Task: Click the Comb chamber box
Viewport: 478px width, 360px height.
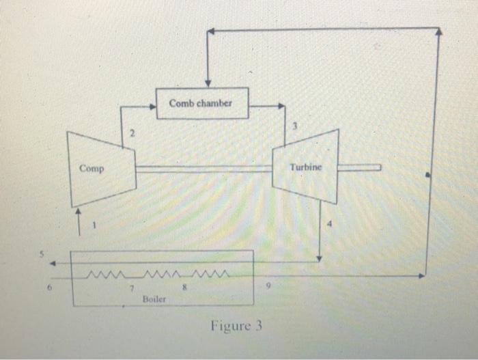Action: click(202, 104)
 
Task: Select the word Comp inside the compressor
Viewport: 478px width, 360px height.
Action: click(91, 168)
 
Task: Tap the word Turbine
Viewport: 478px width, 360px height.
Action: click(305, 167)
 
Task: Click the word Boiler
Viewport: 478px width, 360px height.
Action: click(154, 299)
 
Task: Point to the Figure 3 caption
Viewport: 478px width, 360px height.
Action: click(236, 325)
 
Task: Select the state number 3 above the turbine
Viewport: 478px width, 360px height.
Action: click(295, 127)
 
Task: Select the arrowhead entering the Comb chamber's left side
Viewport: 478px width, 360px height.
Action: click(152, 106)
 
